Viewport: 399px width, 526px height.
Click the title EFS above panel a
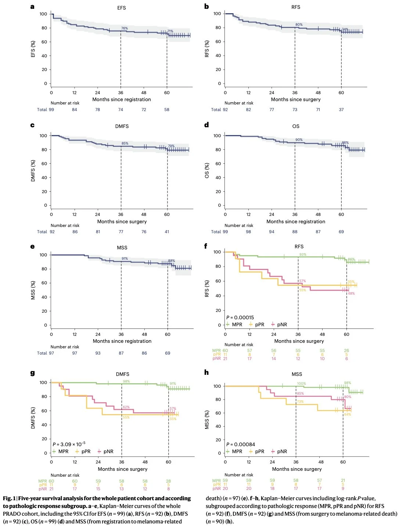point(122,8)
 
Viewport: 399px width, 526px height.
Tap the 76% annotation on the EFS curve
point(125,28)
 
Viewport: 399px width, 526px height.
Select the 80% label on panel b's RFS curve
point(299,25)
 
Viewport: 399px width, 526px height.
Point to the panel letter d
point(206,125)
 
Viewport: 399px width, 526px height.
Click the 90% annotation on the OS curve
point(299,140)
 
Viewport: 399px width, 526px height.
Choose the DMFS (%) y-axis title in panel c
point(33,171)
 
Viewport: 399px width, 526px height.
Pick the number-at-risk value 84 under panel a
point(75,110)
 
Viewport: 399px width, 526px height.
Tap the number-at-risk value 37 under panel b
point(341,110)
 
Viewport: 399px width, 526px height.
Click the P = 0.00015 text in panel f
point(240,317)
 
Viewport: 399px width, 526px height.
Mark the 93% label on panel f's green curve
point(302,255)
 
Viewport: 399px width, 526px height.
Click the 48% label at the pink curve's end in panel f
point(351,294)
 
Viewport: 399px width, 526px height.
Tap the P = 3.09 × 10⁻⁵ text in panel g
point(69,444)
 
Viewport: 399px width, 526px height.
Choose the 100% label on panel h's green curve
point(301,384)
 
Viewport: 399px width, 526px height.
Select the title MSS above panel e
point(122,248)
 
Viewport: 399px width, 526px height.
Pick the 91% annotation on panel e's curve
point(125,259)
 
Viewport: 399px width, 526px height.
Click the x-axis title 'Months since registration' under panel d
point(296,221)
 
